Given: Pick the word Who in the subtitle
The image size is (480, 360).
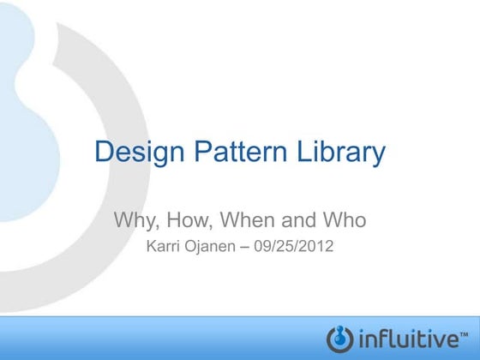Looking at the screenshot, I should point(345,220).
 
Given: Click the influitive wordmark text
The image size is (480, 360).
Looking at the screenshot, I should point(410,337).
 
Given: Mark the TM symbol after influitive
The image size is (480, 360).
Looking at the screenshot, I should point(465,330).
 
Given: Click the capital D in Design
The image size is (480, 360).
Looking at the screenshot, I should point(103,153).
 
